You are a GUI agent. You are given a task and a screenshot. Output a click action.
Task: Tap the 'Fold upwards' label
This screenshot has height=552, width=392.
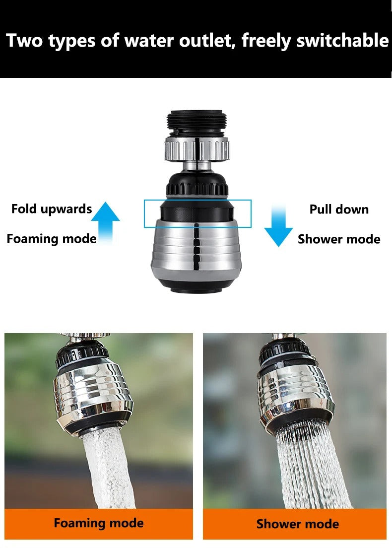point(52,209)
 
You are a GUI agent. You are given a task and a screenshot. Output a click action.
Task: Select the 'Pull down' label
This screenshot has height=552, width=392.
point(339,209)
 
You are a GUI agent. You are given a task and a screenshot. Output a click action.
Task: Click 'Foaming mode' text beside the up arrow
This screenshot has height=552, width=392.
point(52,239)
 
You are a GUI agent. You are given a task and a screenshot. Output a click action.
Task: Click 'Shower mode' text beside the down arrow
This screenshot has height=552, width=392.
point(339,239)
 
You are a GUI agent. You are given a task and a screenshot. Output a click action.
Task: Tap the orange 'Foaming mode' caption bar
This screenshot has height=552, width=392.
point(99,523)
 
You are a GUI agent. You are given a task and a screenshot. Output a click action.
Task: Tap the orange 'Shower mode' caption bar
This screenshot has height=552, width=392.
point(297,524)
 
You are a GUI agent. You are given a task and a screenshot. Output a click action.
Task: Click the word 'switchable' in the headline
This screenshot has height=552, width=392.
point(342,40)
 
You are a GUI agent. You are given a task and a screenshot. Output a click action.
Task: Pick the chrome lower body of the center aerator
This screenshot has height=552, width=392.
point(197,251)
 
